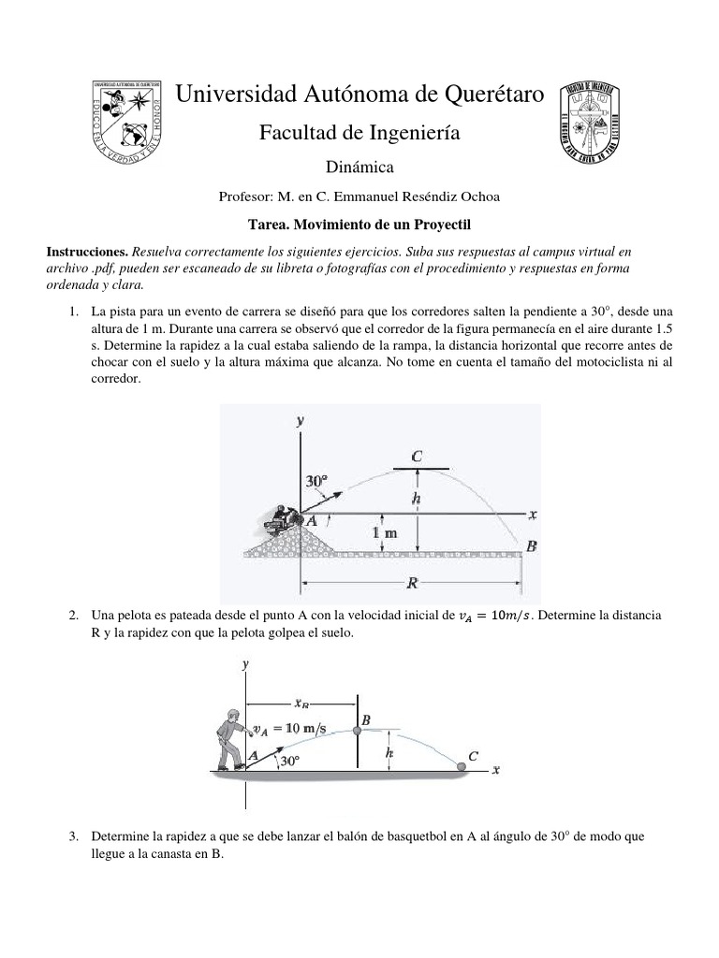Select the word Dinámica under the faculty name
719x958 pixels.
(x=359, y=167)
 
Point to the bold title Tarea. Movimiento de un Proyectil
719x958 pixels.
(x=359, y=225)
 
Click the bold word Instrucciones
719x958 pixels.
(x=87, y=252)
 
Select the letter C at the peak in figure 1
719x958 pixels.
(x=417, y=456)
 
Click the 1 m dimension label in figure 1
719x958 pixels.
(x=384, y=533)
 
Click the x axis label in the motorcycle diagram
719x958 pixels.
(x=532, y=515)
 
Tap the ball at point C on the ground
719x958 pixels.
(x=462, y=767)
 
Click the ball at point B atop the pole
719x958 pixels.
(x=357, y=731)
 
